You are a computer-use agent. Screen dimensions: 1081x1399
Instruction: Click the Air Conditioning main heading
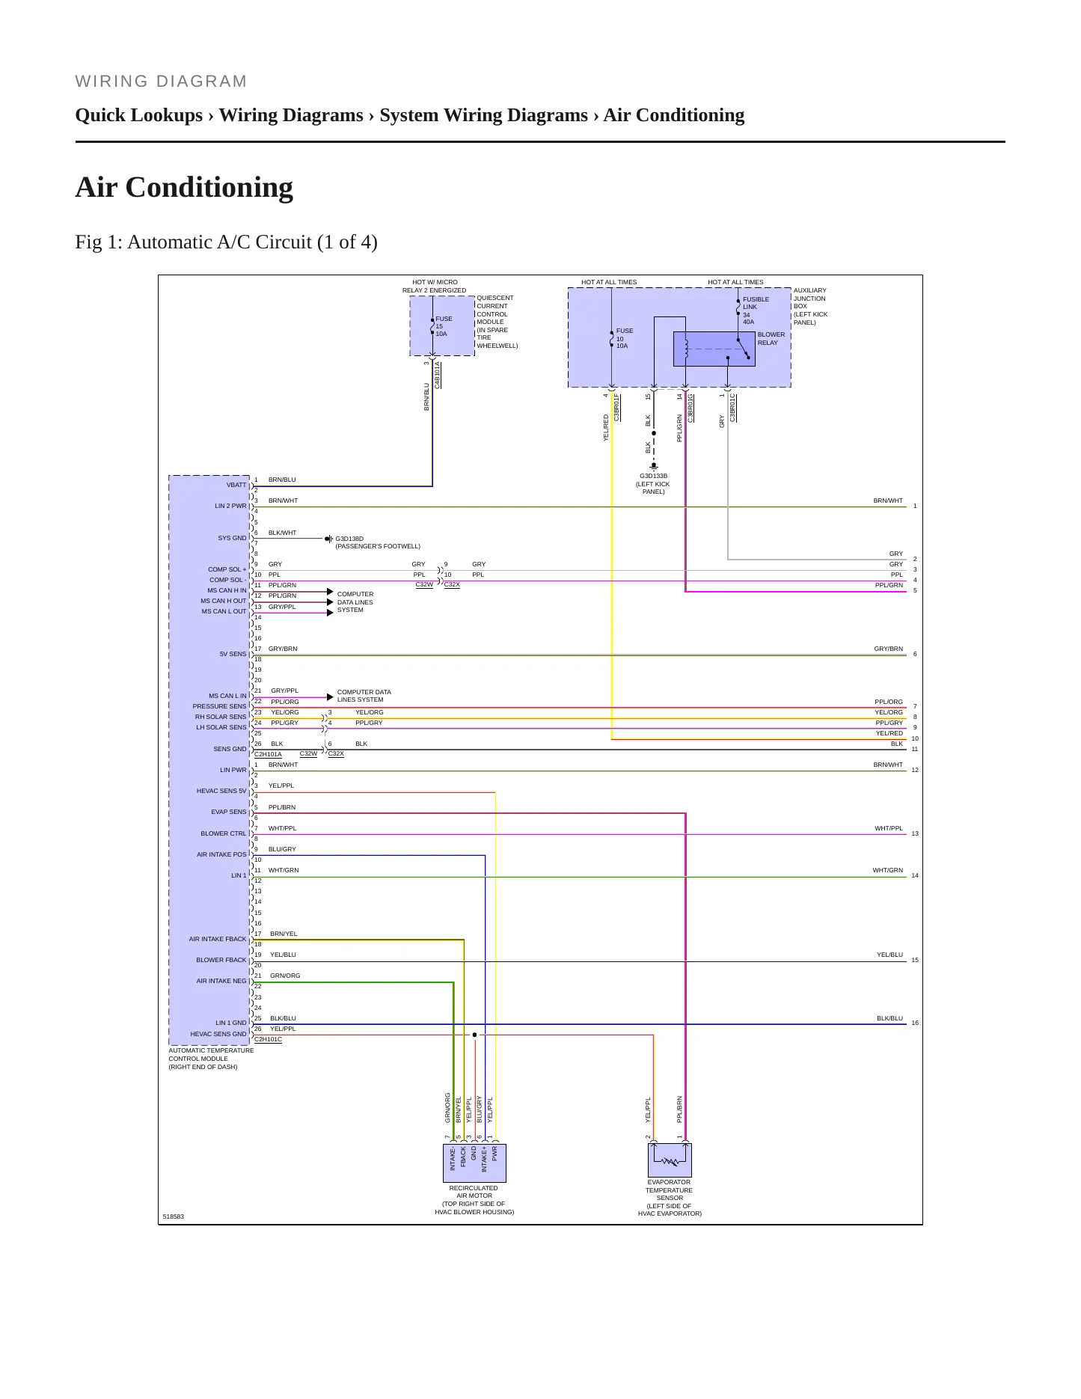184,187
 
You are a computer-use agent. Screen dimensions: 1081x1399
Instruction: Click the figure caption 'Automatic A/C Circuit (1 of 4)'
253,242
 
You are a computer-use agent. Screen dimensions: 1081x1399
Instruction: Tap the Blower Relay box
714,349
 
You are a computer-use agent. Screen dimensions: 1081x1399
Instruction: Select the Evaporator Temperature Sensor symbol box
670,1160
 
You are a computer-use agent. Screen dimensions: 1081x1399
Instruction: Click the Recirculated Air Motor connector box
475,1163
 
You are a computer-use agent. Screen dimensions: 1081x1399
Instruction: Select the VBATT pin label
236,485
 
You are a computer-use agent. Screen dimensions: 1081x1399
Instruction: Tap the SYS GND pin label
232,538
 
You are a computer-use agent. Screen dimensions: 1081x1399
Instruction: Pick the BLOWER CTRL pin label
223,833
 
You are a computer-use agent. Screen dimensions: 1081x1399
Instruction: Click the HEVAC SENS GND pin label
218,1034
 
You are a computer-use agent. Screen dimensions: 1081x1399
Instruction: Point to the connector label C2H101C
268,1039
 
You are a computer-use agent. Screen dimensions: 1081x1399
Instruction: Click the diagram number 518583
173,1216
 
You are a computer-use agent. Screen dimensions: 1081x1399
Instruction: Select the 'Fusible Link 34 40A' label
756,310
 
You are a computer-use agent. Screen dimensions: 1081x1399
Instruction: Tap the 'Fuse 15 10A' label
444,326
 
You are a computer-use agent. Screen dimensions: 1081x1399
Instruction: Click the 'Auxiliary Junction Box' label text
810,306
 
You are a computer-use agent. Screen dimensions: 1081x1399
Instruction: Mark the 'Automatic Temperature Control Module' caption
211,1059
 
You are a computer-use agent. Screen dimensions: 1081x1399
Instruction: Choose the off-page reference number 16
915,1023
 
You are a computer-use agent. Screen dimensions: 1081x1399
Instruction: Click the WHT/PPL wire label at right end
889,828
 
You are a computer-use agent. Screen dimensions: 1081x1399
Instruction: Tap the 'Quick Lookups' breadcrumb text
139,115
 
